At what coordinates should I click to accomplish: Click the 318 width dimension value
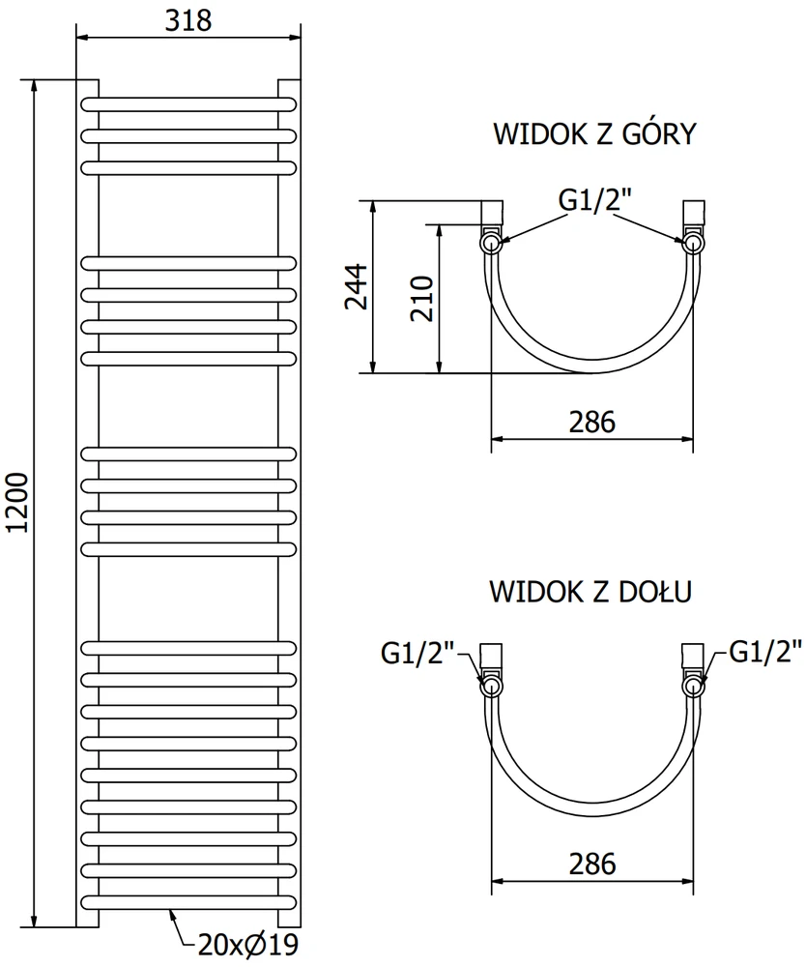point(188,20)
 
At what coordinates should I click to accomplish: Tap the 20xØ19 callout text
point(248,944)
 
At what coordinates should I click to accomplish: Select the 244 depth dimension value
point(357,287)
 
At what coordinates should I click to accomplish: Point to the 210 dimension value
point(422,299)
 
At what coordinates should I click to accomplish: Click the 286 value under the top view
point(592,423)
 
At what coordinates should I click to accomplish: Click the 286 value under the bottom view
point(592,864)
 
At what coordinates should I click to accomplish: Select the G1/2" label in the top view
point(595,199)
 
